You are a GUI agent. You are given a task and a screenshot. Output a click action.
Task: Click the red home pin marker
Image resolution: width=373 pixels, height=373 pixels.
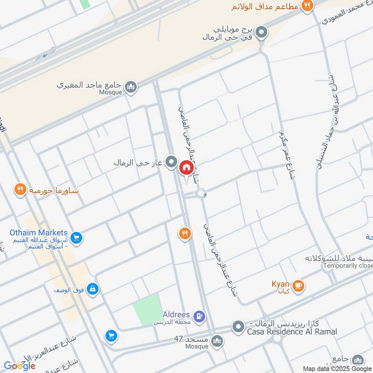pos(186,167)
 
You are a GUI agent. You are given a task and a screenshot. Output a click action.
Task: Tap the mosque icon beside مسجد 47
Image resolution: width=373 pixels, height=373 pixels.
pos(217,342)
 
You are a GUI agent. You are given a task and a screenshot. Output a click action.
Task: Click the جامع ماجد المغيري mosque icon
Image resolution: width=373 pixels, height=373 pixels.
pos(131,87)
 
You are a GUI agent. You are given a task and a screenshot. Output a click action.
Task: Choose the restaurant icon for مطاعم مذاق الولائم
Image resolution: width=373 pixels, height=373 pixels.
pos(307,6)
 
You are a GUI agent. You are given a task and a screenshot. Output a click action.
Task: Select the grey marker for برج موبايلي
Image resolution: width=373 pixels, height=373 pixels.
pos(262,33)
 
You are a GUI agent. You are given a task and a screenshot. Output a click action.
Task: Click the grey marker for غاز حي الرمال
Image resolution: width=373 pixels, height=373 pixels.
pos(172,163)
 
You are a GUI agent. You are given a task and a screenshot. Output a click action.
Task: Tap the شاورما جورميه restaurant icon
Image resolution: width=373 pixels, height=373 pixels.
pos(20,190)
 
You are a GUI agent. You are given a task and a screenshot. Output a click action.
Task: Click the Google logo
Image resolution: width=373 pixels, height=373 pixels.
pos(20,366)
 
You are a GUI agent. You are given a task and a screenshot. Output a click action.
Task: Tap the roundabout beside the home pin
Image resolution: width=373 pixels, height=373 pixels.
pos(201,193)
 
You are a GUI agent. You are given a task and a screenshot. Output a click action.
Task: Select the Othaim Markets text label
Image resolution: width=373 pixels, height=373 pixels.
pos(39,233)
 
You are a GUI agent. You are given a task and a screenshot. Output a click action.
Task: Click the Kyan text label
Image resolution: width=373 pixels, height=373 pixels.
pos(281,284)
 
